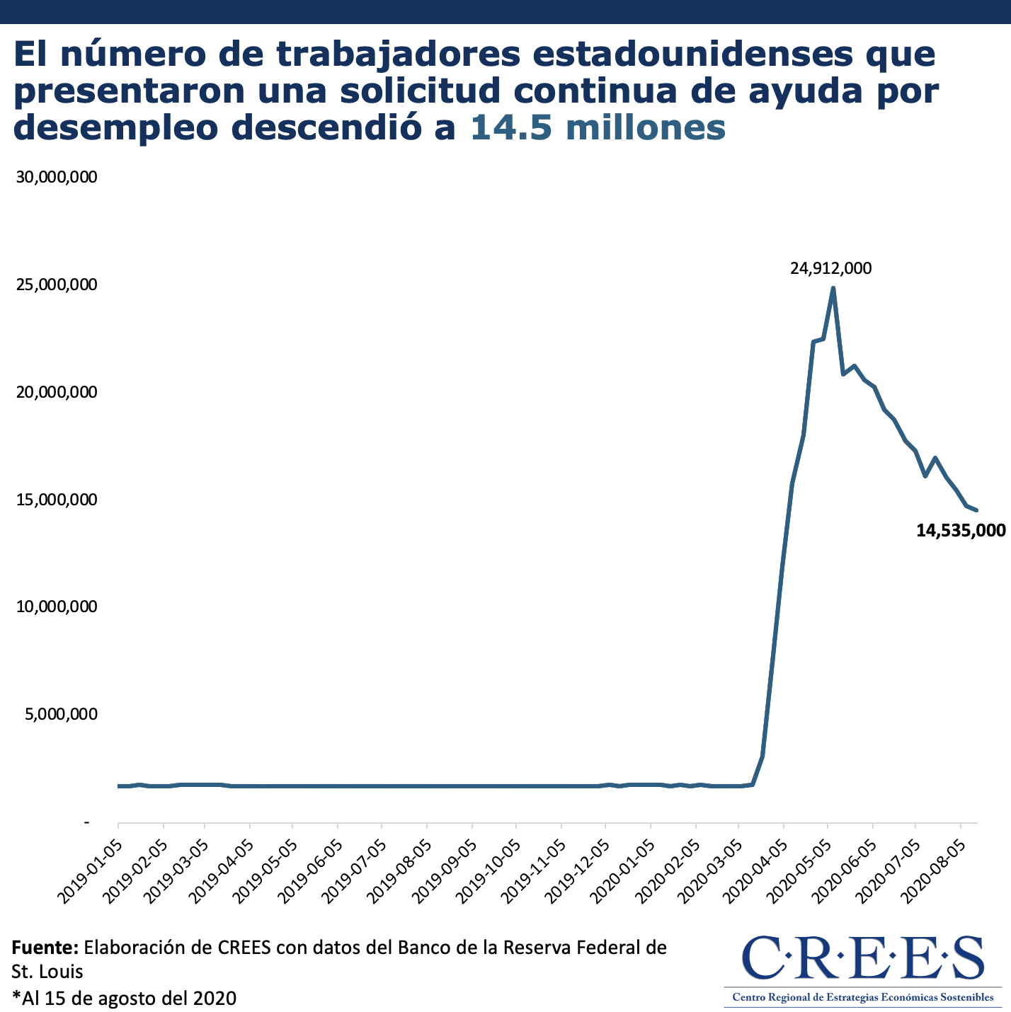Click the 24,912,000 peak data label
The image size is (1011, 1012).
click(830, 269)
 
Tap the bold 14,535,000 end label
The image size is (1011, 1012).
click(960, 530)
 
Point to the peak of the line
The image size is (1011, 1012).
click(833, 288)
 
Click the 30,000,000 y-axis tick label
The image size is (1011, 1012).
click(56, 177)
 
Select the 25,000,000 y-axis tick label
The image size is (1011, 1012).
click(56, 284)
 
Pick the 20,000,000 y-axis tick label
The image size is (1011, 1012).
click(56, 392)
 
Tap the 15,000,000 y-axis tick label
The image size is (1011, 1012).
click(56, 500)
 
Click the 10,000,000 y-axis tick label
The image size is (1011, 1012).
click(56, 606)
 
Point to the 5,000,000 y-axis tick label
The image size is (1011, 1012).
click(60, 714)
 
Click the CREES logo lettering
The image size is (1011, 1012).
click(862, 958)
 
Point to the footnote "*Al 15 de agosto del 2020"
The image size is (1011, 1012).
click(124, 998)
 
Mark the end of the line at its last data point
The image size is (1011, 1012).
click(976, 510)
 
